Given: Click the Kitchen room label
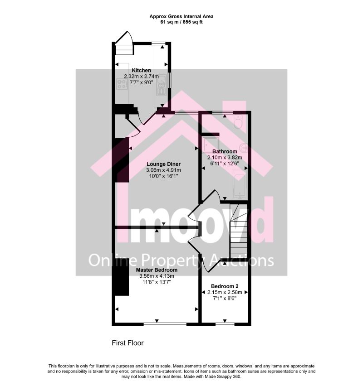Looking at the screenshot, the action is coord(141,70).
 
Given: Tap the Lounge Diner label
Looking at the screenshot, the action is coord(163,164).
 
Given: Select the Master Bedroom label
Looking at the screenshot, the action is coord(157,270).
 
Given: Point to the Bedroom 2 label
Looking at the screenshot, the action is coord(225,286).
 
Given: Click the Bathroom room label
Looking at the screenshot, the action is coord(225,151).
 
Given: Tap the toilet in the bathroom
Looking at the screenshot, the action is coord(238,121).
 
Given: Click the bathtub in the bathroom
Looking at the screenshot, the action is coord(240,184).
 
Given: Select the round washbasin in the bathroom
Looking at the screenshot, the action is coord(244,148).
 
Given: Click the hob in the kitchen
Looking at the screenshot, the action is coord(122,84).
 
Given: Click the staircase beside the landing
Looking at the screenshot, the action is coord(239,231).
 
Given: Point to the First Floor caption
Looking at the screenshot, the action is coord(128,343).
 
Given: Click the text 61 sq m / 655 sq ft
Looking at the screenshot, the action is coord(181,22).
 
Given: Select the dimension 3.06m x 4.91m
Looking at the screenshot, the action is coord(163,170).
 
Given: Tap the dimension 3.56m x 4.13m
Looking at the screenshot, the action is coord(157,276).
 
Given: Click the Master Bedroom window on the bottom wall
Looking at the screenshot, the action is coord(165,324).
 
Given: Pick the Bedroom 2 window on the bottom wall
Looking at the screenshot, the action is coord(225,324).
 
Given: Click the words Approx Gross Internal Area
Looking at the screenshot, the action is coord(181,16).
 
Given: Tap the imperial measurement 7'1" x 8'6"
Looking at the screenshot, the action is coord(225,299).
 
